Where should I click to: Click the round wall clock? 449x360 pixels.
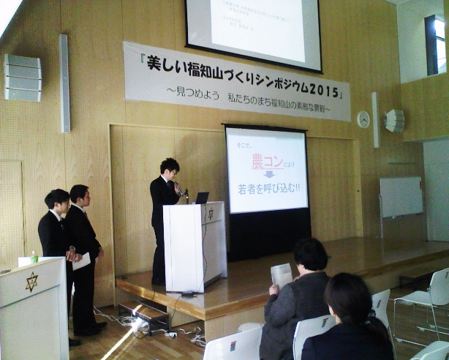[363, 119]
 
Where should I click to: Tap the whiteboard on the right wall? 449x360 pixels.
[401, 197]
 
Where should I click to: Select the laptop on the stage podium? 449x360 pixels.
[201, 198]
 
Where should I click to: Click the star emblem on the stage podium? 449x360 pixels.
[211, 214]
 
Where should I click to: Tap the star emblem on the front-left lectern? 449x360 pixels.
[31, 282]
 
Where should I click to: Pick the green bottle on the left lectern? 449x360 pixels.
[34, 257]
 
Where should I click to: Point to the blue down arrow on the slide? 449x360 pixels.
[268, 175]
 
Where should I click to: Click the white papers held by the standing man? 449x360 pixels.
[82, 261]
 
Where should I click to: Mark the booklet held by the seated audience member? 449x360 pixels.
[282, 275]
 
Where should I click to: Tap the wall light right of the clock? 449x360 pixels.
[395, 121]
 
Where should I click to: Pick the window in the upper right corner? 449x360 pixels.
[435, 43]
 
